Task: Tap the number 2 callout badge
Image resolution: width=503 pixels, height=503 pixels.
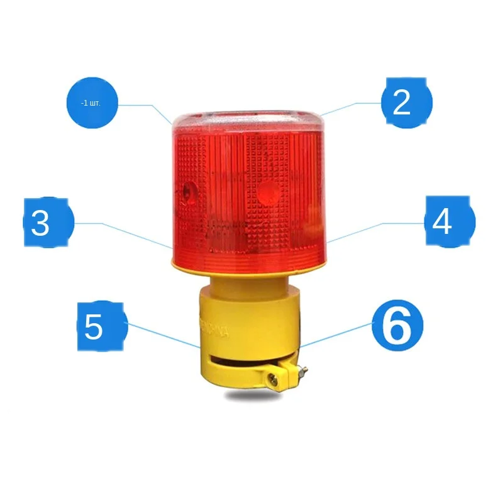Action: coord(407,102)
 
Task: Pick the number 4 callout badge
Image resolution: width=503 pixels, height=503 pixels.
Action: coord(450,221)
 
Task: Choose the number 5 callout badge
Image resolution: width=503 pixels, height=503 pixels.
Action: coord(102,326)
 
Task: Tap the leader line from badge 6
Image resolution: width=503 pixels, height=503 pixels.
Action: coord(336,334)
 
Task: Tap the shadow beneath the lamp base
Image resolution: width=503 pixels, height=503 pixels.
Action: coord(251,397)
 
